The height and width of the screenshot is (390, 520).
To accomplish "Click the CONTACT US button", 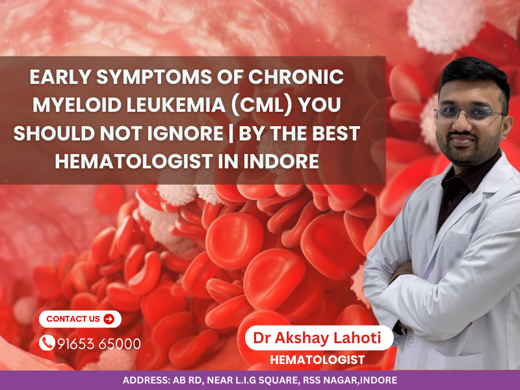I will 79,319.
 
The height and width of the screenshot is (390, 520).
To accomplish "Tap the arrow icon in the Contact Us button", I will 109,319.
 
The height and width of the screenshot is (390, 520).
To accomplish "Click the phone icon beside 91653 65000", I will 47,343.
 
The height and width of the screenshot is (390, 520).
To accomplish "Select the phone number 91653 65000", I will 99,343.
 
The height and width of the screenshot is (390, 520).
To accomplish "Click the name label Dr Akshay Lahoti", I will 320,339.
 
